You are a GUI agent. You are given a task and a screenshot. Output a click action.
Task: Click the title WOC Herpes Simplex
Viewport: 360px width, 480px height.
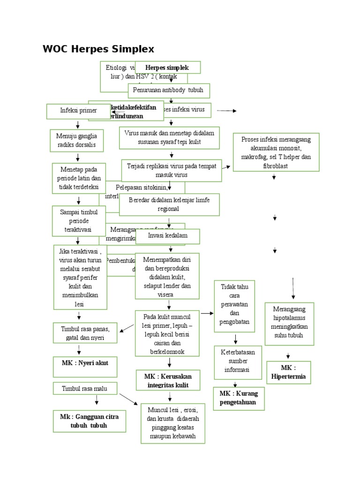tap(98, 49)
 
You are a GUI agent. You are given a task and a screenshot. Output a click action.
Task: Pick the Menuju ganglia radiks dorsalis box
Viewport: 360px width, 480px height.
tap(77, 141)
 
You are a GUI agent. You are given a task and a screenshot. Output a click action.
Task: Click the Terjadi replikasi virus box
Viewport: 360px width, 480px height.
tap(171, 171)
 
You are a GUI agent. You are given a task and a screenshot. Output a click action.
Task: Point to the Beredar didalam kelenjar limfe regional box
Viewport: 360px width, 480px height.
tap(169, 205)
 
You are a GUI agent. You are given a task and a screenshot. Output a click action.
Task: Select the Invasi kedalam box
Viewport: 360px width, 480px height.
tap(167, 236)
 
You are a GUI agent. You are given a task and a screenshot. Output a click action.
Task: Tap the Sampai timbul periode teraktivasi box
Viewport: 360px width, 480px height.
tap(78, 220)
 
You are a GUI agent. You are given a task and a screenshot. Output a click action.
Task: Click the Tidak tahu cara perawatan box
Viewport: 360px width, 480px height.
tap(234, 306)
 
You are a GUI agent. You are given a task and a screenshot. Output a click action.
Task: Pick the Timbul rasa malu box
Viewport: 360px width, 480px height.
tap(84, 388)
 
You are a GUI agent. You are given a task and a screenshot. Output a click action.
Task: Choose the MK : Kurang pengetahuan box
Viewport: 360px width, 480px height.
tap(238, 398)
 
